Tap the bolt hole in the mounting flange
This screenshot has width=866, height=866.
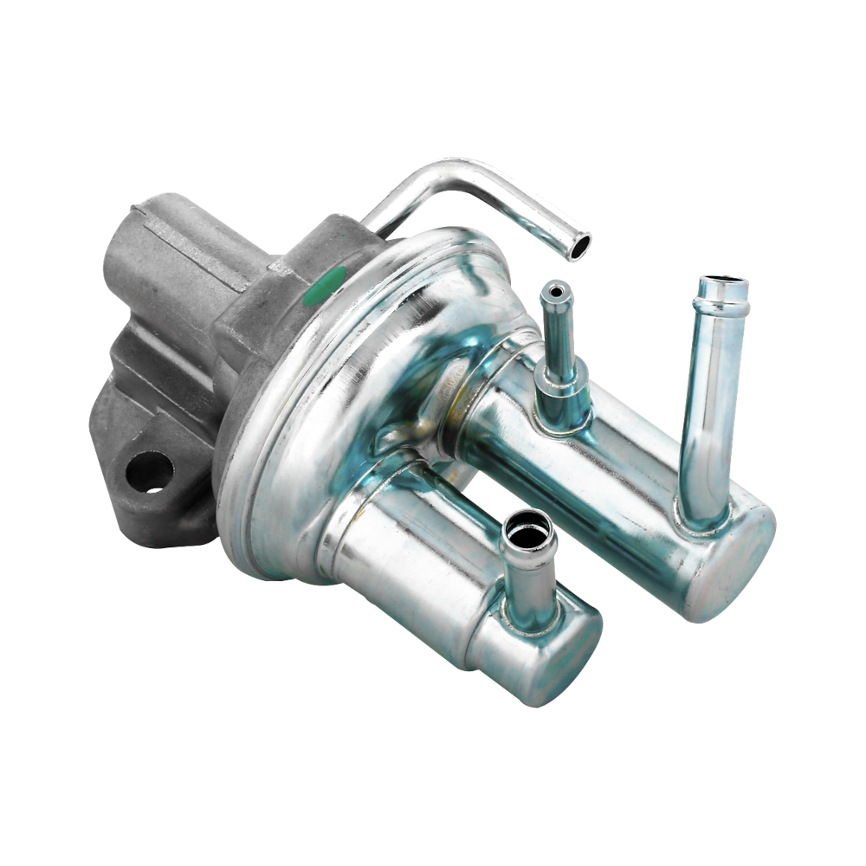pos(149,472)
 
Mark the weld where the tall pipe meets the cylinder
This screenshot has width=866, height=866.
pos(702,519)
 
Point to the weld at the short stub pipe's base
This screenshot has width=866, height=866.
pos(530,622)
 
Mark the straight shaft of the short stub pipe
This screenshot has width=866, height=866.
pos(527,580)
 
